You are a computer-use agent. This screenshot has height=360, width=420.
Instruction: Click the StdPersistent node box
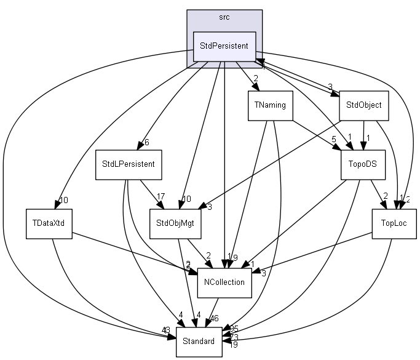point(224,46)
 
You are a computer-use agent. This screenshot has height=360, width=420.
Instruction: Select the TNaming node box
point(270,105)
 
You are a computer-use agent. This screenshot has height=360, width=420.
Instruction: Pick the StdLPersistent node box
point(128,164)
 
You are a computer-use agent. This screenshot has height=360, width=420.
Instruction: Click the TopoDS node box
point(363,164)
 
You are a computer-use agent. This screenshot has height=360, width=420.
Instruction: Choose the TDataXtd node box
point(48,223)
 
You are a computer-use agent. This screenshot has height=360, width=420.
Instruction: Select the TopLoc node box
point(394,223)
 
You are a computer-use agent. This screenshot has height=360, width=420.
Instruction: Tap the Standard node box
point(199,341)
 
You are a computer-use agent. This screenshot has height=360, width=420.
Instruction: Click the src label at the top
point(224,17)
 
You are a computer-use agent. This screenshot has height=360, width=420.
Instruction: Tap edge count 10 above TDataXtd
point(63,199)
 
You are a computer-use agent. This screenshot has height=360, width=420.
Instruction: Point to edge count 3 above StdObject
point(330,87)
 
